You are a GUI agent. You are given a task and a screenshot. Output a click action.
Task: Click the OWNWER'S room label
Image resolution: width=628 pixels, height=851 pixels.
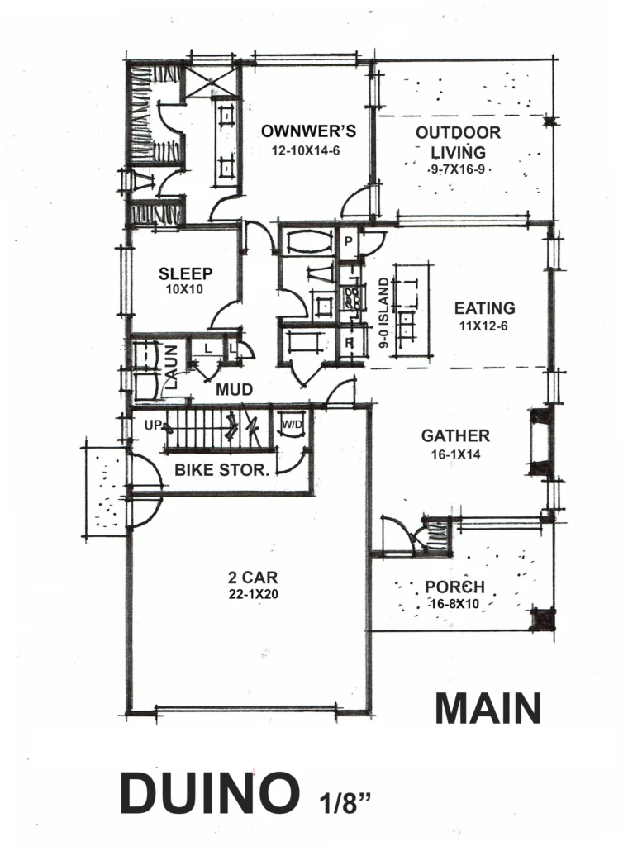308,131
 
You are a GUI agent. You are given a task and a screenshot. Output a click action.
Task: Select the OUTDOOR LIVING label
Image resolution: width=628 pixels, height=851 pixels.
458,142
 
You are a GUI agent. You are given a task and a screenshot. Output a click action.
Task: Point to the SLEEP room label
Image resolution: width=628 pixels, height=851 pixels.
186,273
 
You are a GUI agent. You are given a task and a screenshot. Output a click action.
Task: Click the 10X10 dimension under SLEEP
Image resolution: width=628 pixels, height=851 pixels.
184,289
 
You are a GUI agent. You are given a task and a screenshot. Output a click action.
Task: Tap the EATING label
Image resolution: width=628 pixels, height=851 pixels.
485,308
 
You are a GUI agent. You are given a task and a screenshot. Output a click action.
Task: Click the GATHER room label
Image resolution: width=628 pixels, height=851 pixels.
455,435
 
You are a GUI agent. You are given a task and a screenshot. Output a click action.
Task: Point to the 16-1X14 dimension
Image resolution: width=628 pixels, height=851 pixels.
455,454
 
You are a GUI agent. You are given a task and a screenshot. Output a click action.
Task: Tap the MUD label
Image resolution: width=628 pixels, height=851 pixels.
235,390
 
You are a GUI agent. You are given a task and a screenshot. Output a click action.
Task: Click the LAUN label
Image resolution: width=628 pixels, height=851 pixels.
173,368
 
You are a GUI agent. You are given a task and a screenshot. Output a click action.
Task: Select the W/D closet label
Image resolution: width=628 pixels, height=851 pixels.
292,425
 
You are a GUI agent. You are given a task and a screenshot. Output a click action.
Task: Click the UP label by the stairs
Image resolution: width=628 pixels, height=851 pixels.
153,425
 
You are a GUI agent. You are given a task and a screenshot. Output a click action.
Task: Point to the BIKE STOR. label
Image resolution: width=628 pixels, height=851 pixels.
222,470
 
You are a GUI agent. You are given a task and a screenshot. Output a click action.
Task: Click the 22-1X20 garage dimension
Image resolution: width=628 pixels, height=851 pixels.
254,594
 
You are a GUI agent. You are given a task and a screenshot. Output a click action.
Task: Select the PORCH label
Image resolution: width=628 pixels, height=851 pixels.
454,587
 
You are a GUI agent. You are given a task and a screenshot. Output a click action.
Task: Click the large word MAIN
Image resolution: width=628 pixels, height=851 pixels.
488,708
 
